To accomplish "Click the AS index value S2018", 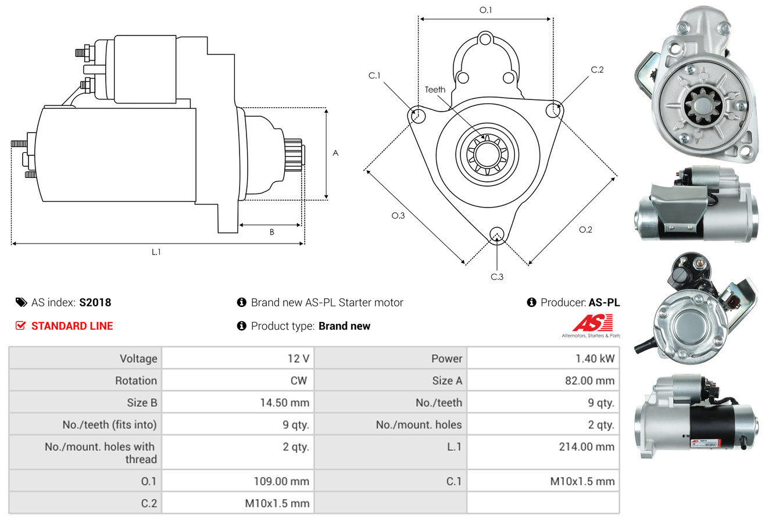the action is point(95,302).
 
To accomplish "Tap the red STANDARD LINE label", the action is point(72,326).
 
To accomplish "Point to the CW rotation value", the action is point(298,381).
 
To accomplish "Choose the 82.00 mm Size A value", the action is point(589,381).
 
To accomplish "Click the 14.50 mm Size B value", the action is point(284,402).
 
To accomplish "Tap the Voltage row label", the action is point(138,359).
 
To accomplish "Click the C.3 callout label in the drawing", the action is point(497,277).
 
